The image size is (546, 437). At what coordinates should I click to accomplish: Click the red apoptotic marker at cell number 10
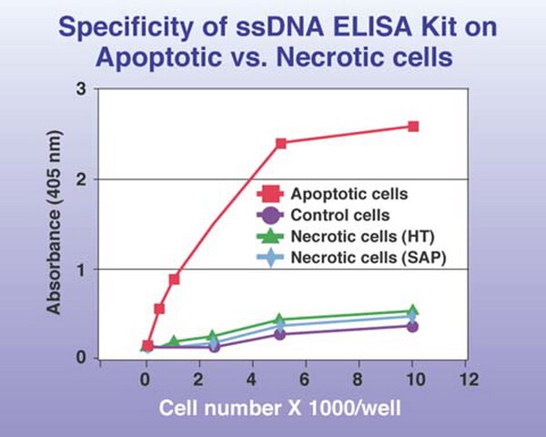point(413,127)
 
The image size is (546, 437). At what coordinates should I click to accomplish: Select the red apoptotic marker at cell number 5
point(281,143)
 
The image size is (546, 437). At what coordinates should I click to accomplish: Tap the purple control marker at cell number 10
point(412,327)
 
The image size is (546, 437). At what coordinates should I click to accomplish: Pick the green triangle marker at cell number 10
point(412,310)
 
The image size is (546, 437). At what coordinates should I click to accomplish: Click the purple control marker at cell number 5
point(279,334)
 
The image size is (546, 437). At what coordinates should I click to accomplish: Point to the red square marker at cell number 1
point(175,279)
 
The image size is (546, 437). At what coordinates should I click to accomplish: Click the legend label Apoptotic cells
point(349,194)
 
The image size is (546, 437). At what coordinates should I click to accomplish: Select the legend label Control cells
point(340,216)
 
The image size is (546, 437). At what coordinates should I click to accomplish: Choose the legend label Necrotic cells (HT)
point(363,237)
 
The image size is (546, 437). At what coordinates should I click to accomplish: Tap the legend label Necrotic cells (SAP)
point(369,258)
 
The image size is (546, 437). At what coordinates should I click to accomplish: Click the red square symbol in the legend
point(270,194)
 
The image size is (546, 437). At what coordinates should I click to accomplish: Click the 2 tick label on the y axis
point(81,179)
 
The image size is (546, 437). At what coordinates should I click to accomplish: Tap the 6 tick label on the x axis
point(305,379)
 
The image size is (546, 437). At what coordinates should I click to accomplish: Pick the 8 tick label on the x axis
point(358,379)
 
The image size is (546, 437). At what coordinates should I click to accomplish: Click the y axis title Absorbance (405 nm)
point(54,223)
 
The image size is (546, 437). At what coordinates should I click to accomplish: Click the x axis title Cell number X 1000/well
point(280,408)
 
